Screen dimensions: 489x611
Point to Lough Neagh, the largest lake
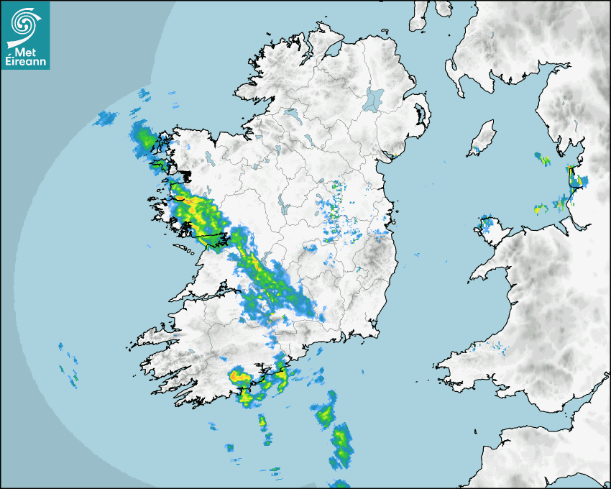(x=375, y=99)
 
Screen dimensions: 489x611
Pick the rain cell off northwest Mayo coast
(x=144, y=137)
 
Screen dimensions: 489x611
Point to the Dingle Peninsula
(x=155, y=337)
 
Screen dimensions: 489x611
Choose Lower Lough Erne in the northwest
(x=290, y=114)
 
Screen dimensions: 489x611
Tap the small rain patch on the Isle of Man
(x=474, y=150)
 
